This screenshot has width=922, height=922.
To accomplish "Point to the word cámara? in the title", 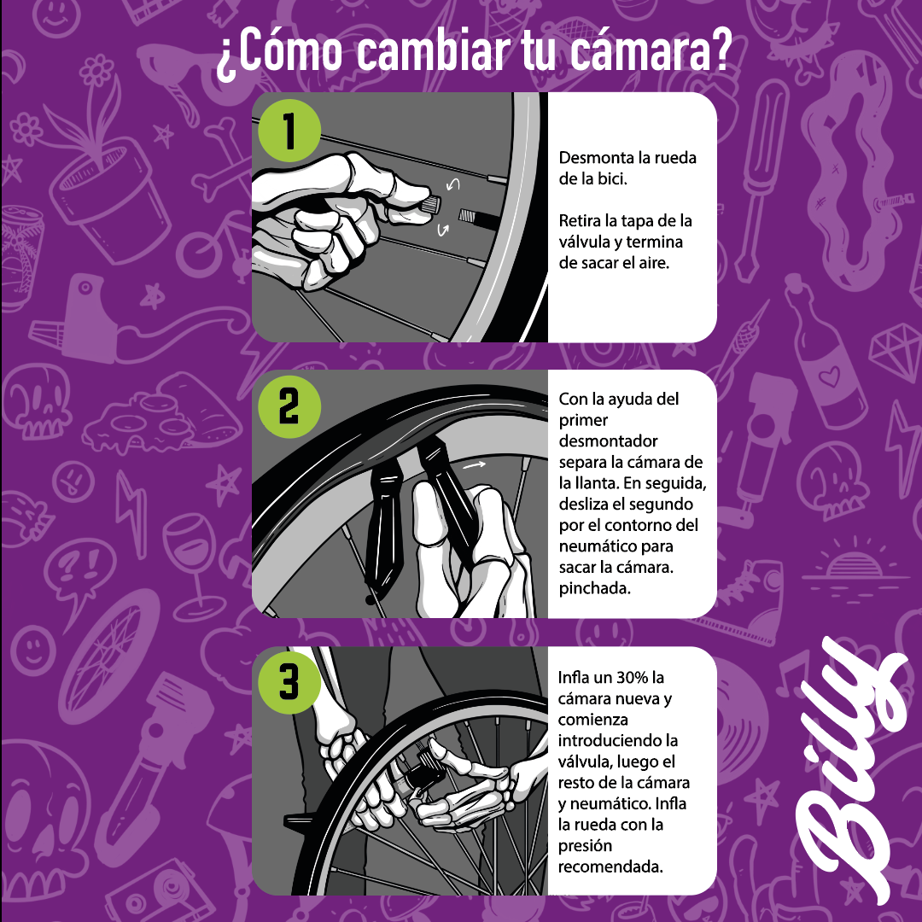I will tap(648, 53).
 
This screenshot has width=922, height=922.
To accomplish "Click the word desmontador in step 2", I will tap(608, 441).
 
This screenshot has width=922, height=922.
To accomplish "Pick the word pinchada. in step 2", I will tap(594, 588).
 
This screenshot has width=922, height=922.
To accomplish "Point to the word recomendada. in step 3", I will tap(610, 867).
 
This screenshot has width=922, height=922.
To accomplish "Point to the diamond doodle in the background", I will tap(891, 349).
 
